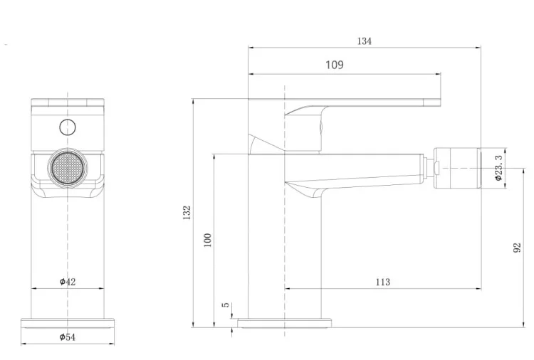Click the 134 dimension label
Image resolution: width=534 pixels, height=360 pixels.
point(364,41)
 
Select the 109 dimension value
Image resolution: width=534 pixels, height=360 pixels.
point(335,65)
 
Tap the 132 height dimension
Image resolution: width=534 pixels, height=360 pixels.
point(187,213)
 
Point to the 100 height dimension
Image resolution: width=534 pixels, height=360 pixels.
point(207,240)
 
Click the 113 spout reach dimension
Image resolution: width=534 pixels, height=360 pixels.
point(383,282)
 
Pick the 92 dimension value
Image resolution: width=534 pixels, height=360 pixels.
point(517,248)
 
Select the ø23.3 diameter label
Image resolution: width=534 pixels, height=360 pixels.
point(498,168)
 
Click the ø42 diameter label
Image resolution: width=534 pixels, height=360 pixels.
point(68,282)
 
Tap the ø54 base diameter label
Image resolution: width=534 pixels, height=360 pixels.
point(68,337)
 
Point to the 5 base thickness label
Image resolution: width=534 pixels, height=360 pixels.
point(226,305)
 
